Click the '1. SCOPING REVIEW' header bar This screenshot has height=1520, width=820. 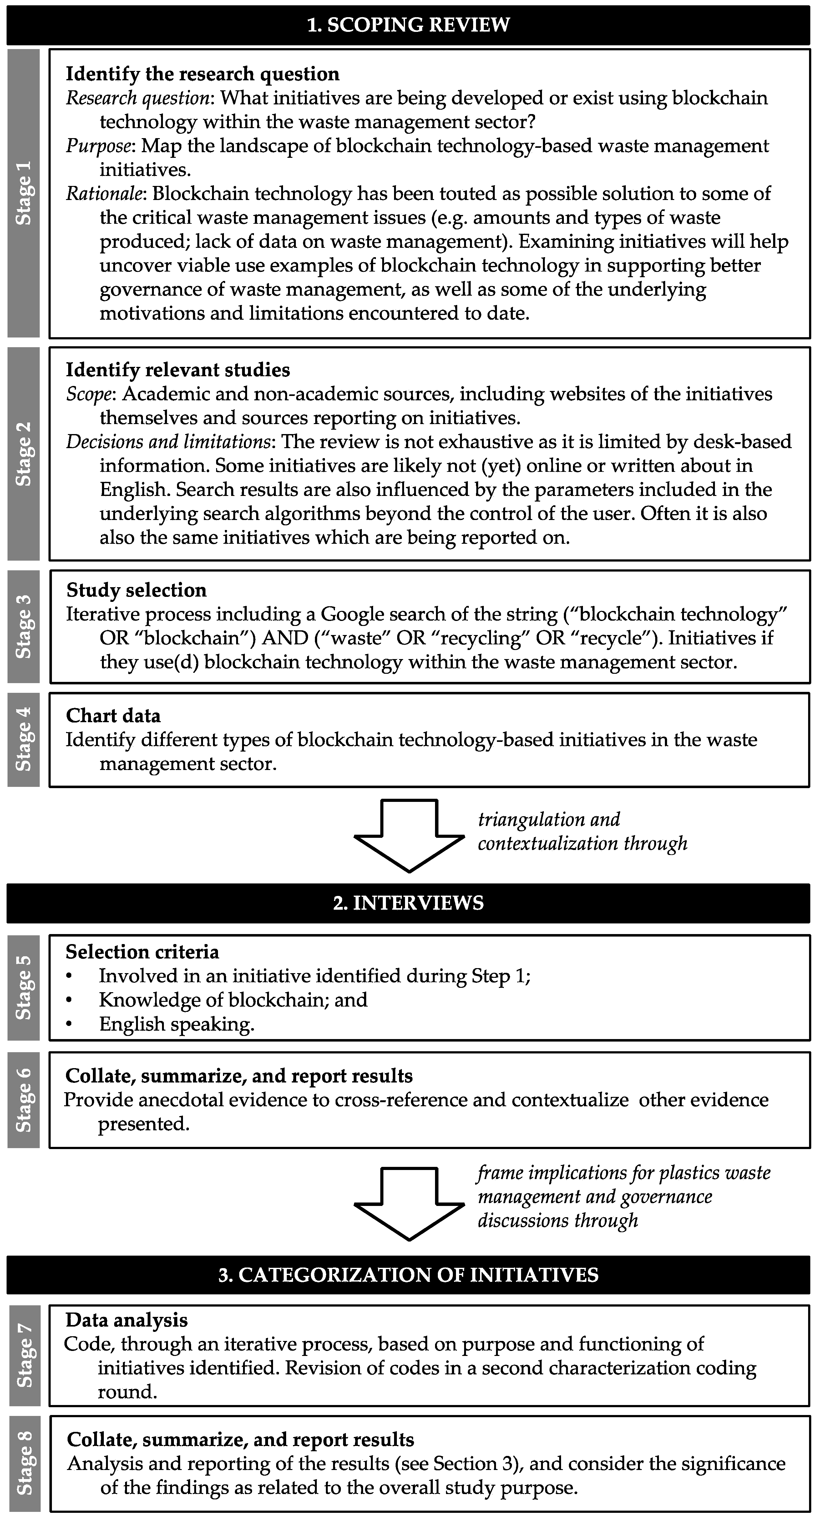point(408,25)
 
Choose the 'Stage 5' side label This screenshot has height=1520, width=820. point(24,987)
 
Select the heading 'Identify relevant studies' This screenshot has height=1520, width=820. point(178,370)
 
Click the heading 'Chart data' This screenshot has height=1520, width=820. point(113,716)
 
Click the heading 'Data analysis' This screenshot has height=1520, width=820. point(126,1320)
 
